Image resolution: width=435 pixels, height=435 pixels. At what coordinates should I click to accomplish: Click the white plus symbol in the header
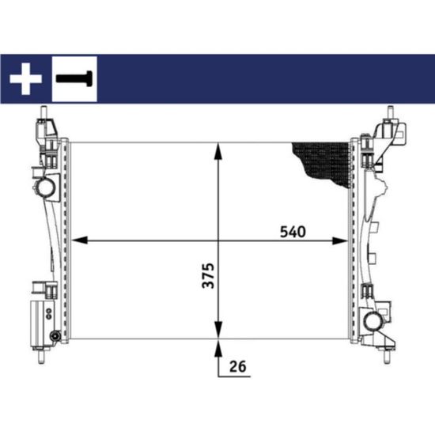pos(25,78)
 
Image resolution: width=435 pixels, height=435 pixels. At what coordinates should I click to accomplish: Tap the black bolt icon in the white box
pos(74,78)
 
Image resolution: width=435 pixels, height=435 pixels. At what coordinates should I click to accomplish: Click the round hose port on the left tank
pos(44,187)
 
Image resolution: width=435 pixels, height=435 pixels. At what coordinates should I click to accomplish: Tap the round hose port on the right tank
pos(375,323)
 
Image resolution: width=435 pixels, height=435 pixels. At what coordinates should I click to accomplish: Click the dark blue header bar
pos(261,78)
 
